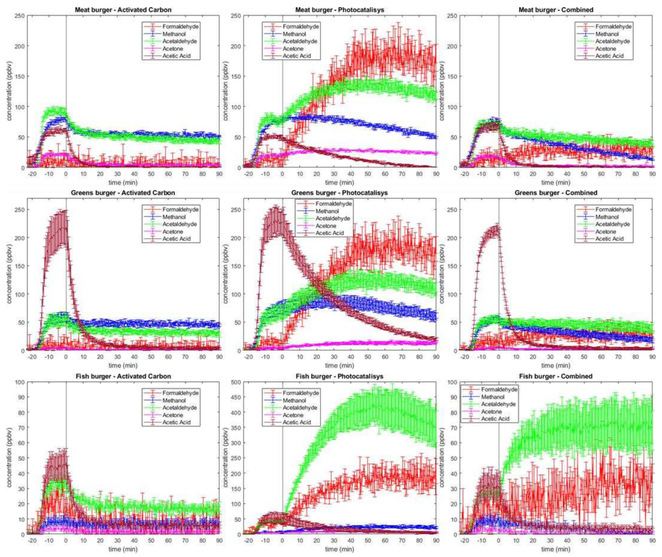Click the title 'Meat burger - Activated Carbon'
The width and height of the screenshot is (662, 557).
point(123,10)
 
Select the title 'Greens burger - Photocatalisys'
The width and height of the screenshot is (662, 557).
point(339,193)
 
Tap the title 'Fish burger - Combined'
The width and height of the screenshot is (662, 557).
point(556,376)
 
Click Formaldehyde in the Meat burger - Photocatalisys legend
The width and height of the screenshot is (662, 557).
point(301,27)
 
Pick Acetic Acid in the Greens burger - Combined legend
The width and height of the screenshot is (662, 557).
point(609,239)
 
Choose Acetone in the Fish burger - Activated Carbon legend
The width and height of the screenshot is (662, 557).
point(173,415)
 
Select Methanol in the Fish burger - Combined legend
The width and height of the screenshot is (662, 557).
point(492,397)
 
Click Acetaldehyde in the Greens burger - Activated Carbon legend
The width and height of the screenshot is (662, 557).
point(179,224)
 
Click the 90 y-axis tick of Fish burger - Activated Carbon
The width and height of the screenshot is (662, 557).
point(20,397)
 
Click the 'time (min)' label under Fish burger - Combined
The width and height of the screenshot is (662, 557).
point(556,549)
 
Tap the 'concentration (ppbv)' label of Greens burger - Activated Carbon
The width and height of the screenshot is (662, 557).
point(9,275)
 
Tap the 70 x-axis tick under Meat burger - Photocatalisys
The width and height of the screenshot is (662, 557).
point(402,174)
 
